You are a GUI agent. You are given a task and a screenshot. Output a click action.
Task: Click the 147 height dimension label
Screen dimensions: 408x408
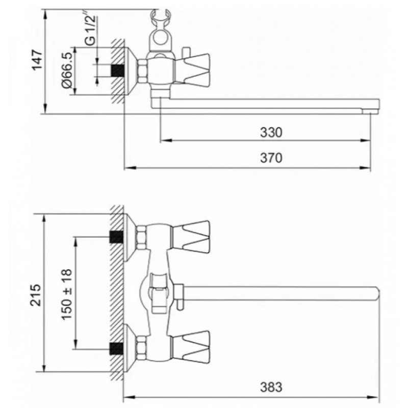[37, 60]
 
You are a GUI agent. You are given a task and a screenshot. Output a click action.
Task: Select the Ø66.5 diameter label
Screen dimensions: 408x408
[66, 70]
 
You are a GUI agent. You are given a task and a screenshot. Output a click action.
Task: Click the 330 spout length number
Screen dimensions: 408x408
[271, 132]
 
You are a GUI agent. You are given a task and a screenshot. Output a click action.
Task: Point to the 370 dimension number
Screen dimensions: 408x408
[271, 158]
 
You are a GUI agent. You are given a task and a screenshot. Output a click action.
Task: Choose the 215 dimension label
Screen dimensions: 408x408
[36, 295]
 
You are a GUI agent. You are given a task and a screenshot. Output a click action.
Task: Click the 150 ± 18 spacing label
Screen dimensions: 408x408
[66, 294]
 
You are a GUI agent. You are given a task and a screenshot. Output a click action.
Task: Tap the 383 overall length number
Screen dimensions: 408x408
[271, 387]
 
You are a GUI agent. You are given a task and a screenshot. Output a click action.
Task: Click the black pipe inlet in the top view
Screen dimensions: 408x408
[118, 70]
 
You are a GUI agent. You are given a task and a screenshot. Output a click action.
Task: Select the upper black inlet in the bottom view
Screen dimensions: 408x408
[116, 237]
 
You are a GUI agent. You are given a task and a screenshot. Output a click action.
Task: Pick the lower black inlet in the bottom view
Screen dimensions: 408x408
[116, 349]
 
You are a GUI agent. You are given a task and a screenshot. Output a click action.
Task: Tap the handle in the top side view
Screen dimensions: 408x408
[192, 69]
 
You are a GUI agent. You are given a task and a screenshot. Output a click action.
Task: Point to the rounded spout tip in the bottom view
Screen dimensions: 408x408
[376, 294]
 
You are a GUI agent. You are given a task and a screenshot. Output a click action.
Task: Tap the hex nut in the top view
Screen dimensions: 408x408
[142, 71]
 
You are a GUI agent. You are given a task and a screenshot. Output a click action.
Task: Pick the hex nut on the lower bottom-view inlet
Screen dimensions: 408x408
[141, 348]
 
